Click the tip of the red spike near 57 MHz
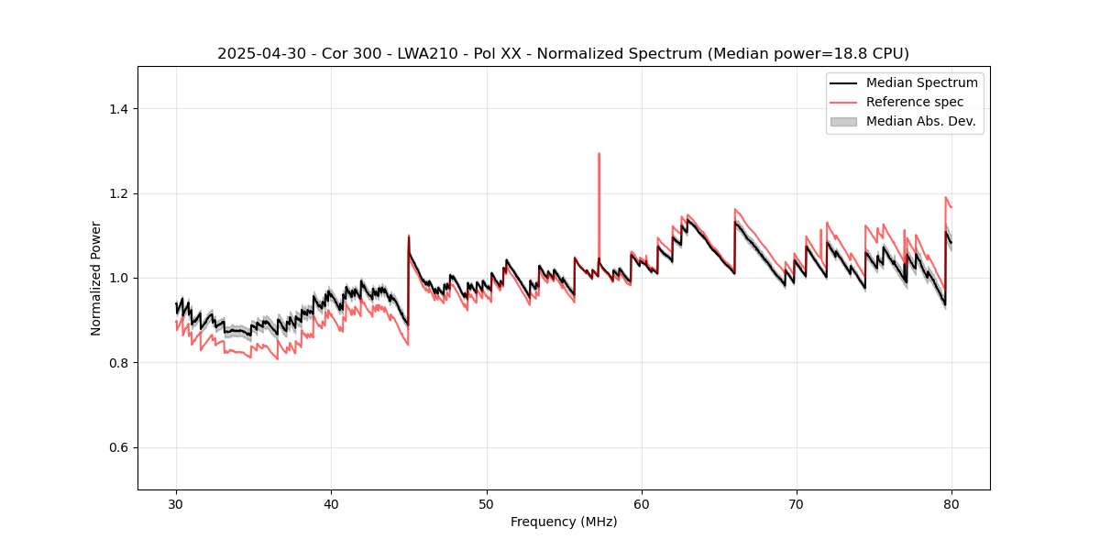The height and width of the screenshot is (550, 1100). pos(599,154)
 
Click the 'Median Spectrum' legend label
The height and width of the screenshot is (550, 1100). pos(921,82)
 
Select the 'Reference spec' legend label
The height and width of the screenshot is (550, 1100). pos(914,102)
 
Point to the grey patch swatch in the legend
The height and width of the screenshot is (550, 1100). pos(843,121)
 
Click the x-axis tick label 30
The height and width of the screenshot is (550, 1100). pos(177,503)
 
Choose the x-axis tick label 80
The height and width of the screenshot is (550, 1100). pos(951,503)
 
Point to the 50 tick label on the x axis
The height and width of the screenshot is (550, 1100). pos(487,503)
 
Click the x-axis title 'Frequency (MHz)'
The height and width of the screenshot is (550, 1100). pos(564,522)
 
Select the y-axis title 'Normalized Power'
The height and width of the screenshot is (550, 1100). pos(96,278)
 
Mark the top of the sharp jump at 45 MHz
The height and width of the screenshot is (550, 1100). pos(409,236)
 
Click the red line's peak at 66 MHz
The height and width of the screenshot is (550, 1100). pos(735,209)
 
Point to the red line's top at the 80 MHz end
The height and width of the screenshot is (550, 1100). pos(945,197)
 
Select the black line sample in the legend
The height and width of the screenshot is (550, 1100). pos(843,82)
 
